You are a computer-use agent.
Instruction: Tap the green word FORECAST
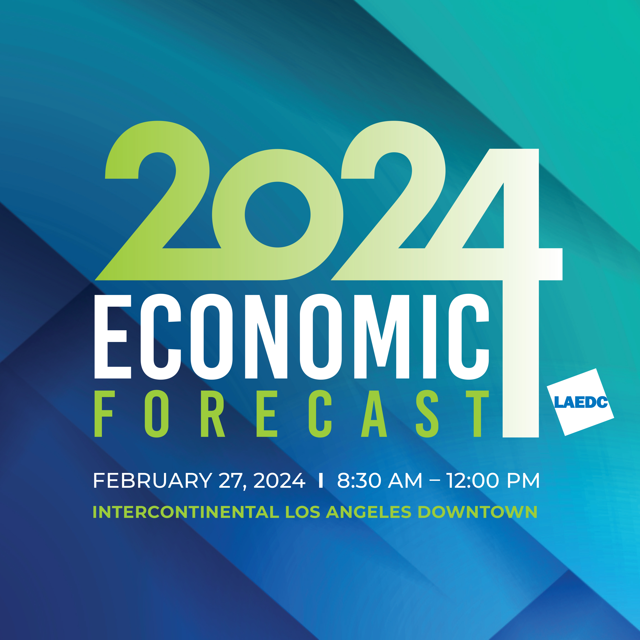click(x=291, y=414)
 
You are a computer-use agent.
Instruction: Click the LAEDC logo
click(x=580, y=402)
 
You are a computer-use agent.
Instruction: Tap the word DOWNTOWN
click(x=477, y=512)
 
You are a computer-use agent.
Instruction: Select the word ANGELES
click(x=369, y=512)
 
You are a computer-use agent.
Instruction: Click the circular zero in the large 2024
click(x=278, y=215)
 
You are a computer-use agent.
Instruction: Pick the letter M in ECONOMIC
click(x=382, y=337)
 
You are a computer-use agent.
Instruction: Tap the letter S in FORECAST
click(x=427, y=414)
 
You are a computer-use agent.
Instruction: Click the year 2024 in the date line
click(x=279, y=481)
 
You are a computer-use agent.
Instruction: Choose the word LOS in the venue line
click(x=303, y=512)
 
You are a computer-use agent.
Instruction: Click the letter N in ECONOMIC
click(x=266, y=337)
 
